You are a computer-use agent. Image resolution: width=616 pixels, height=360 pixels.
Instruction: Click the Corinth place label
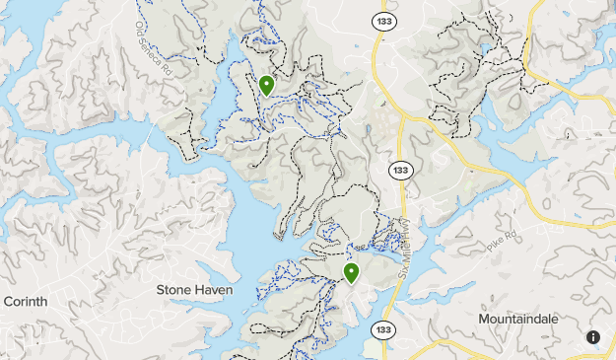(x=25, y=301)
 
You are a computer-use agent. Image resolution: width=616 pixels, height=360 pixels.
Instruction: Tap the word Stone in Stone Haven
(x=176, y=290)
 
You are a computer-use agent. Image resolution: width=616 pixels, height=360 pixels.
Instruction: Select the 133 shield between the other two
(x=399, y=170)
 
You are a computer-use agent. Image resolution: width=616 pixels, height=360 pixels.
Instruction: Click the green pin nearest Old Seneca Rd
(x=266, y=85)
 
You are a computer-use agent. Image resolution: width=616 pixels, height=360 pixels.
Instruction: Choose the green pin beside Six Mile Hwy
(x=351, y=272)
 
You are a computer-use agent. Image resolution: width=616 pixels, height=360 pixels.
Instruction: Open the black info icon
(x=593, y=337)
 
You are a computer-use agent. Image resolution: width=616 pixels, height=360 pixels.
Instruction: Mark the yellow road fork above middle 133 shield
(x=406, y=118)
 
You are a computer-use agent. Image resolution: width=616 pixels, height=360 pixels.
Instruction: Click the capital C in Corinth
(x=9, y=301)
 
